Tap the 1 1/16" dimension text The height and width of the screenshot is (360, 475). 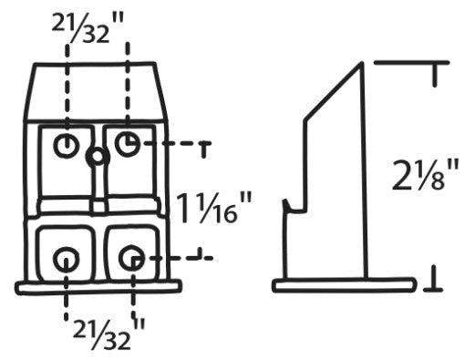[214, 208]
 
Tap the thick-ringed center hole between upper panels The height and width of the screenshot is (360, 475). [98, 157]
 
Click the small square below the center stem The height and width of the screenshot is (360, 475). [98, 207]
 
